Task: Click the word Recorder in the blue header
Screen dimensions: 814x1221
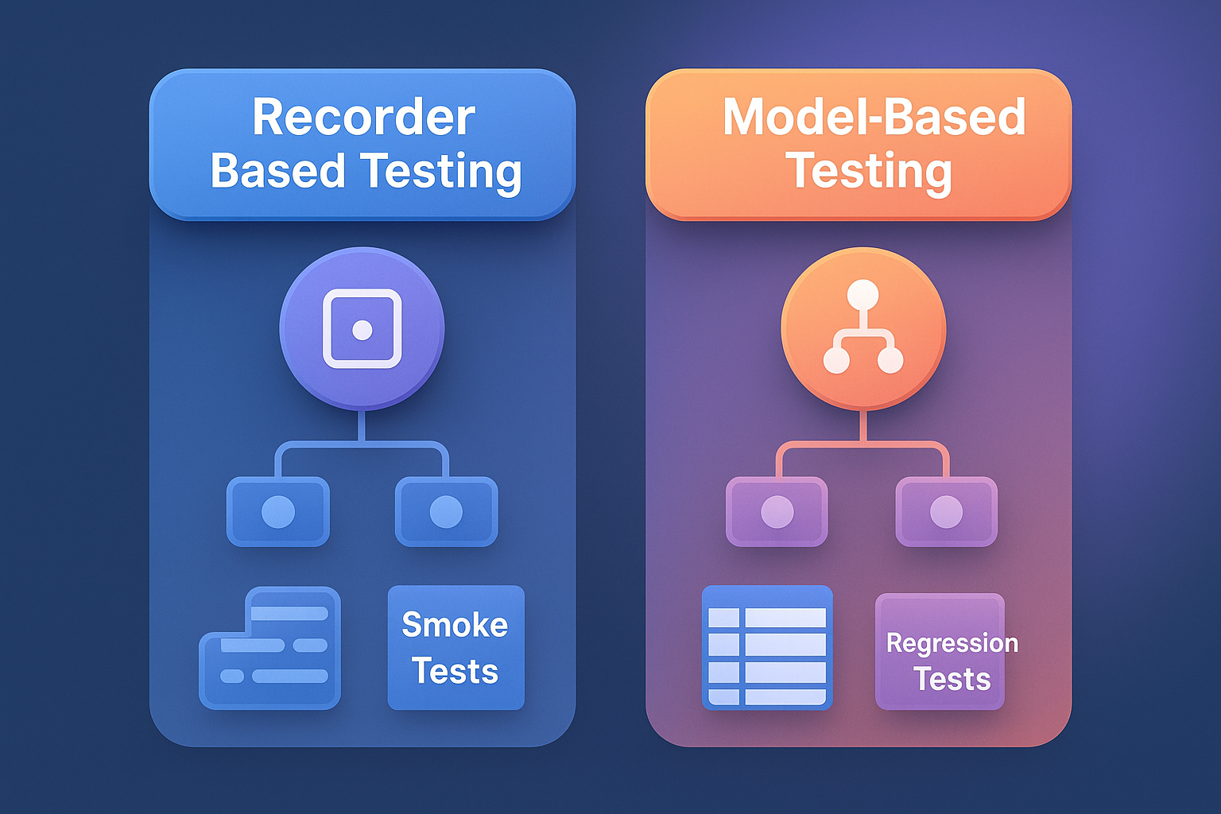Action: [363, 118]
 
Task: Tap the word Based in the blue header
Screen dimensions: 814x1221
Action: [277, 171]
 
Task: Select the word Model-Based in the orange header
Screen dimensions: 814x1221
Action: [874, 118]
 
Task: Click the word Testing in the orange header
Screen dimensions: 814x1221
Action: [869, 171]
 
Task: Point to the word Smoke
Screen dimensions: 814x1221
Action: [455, 625]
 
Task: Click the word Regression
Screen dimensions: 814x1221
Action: [952, 642]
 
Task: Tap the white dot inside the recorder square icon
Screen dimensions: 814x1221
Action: [362, 329]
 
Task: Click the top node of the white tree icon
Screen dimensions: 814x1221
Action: [862, 295]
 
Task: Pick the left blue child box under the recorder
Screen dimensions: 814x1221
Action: [278, 511]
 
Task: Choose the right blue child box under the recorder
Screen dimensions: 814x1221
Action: [446, 511]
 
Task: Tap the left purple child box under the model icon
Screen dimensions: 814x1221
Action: [777, 511]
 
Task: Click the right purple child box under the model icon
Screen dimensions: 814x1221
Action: [946, 511]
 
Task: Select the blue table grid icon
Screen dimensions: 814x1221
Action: [767, 648]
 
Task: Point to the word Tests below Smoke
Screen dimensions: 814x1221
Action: [455, 672]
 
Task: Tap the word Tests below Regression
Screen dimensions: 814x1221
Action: [952, 680]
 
